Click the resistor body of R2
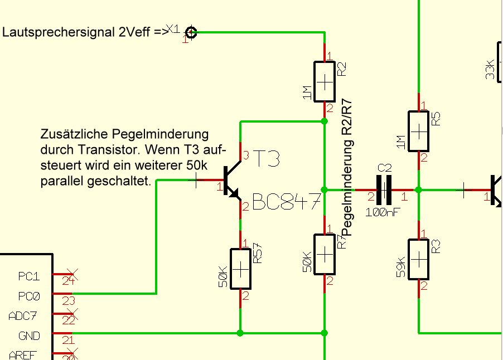click(324, 81)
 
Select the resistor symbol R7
click(324, 254)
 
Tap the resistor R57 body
click(240, 269)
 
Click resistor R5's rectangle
click(418, 131)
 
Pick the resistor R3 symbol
click(418, 259)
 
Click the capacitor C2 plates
click(385, 190)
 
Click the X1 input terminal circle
click(191, 32)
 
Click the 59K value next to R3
click(400, 267)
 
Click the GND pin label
click(29, 336)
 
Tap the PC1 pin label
click(29, 276)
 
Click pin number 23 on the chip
click(67, 301)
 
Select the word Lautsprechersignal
click(59, 32)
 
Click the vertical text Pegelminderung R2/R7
click(346, 167)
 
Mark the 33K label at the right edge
click(490, 69)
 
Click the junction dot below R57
click(240, 333)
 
